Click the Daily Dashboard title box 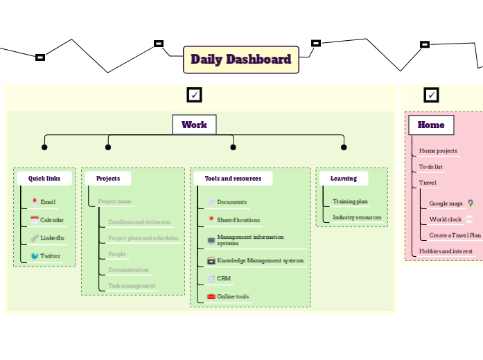click(x=240, y=60)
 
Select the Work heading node click(x=194, y=125)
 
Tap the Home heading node click(x=430, y=125)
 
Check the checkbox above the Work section click(x=194, y=95)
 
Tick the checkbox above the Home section click(x=431, y=95)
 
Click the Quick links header click(x=44, y=178)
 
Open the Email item click(x=47, y=202)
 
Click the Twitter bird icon click(x=35, y=256)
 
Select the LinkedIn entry click(x=52, y=238)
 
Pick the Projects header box click(x=108, y=178)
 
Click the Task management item click(x=132, y=285)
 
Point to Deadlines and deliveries click(x=139, y=222)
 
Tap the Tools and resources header click(x=233, y=178)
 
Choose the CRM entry click(x=223, y=278)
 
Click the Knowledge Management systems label click(x=260, y=261)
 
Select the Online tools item click(x=232, y=296)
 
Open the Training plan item click(x=350, y=201)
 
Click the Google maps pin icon click(x=471, y=204)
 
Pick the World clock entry click(x=445, y=219)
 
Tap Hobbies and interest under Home click(x=446, y=251)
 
